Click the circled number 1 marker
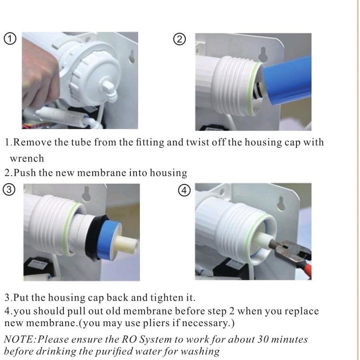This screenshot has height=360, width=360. point(9,39)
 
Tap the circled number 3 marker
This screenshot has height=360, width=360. point(9,190)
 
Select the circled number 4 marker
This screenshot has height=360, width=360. point(183,190)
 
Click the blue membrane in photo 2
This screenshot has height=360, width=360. point(288,83)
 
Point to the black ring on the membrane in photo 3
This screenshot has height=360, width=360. point(95,238)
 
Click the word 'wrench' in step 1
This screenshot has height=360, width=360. point(27,158)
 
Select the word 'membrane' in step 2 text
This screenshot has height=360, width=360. point(105,173)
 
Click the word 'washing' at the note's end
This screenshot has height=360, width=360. point(200,351)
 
